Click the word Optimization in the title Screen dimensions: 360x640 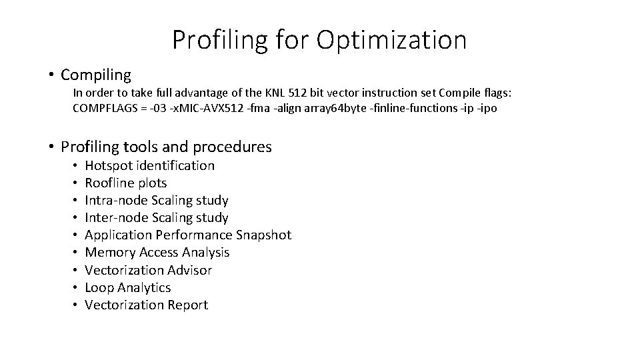pyautogui.click(x=391, y=40)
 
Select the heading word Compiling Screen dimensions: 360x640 pyautogui.click(x=95, y=75)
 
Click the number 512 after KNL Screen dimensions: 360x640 pyautogui.click(x=301, y=92)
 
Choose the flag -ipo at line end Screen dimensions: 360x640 pyautogui.click(x=486, y=107)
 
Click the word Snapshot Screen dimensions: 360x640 pyautogui.click(x=263, y=235)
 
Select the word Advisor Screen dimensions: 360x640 pyautogui.click(x=188, y=270)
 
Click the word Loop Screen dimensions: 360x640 pyautogui.click(x=99, y=287)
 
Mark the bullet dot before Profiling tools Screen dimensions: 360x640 pyautogui.click(x=51, y=147)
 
